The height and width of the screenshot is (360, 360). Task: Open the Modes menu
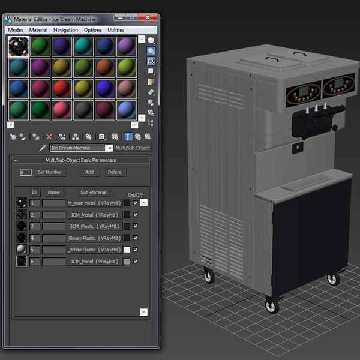click(x=16, y=29)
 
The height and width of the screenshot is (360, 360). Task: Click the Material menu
click(x=38, y=29)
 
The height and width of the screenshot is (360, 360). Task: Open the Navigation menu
click(x=65, y=29)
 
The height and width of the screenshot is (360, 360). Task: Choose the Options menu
click(x=92, y=29)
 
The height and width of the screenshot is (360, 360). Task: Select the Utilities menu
click(x=116, y=29)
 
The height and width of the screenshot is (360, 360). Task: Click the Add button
click(x=89, y=172)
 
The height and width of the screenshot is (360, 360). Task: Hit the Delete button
click(x=114, y=172)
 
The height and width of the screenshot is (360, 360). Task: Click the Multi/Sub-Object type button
click(x=133, y=148)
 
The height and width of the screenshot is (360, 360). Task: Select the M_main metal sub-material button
click(x=94, y=203)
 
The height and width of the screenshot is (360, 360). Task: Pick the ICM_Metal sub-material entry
click(x=94, y=215)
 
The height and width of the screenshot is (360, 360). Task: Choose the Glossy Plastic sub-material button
click(x=94, y=238)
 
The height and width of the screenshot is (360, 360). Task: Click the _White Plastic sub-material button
click(x=94, y=250)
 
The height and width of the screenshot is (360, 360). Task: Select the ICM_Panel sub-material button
click(x=94, y=262)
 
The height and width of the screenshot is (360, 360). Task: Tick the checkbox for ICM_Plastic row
click(x=136, y=226)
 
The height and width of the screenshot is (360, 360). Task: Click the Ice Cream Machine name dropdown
click(x=81, y=148)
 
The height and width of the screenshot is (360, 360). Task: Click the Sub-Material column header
click(x=94, y=193)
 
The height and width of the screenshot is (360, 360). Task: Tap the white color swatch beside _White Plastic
click(x=127, y=250)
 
